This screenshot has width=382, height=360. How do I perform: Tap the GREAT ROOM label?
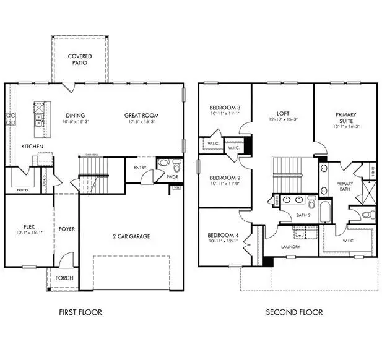click(x=141, y=116)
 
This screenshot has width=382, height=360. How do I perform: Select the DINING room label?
click(x=75, y=116)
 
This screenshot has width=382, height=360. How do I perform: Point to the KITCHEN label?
click(x=32, y=147)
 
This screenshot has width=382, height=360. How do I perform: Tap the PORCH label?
click(x=64, y=278)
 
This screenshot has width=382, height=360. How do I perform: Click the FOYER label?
click(x=66, y=229)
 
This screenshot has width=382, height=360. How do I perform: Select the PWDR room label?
click(x=171, y=176)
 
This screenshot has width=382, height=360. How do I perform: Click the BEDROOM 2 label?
click(x=224, y=178)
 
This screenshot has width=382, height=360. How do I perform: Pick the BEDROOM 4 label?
click(x=224, y=235)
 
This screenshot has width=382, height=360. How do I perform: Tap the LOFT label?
click(x=283, y=114)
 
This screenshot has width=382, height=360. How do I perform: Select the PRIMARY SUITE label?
click(x=345, y=118)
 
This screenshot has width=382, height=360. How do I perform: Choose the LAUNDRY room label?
click(x=290, y=247)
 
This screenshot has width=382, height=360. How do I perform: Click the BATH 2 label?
click(x=302, y=215)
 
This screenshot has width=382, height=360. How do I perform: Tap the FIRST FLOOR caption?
click(x=80, y=312)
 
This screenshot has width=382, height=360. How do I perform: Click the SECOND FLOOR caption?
click(x=294, y=312)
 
